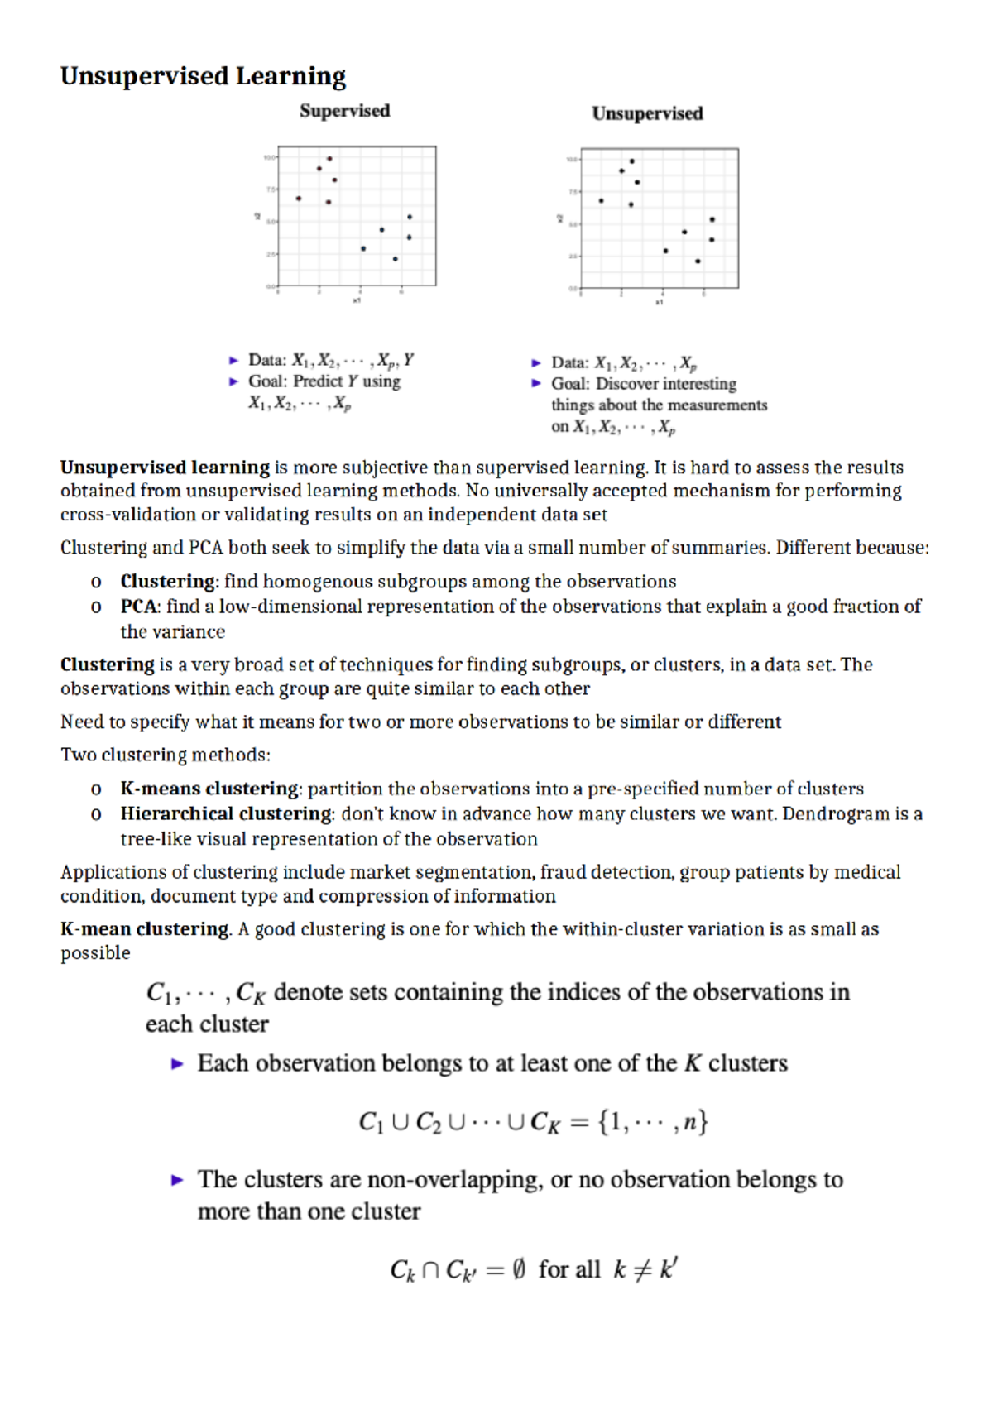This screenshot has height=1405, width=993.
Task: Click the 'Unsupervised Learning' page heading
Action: click(203, 76)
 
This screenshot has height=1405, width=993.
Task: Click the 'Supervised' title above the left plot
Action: click(344, 111)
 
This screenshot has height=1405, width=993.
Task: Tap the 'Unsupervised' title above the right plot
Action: click(647, 113)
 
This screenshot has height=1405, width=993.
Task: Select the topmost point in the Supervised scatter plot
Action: click(329, 158)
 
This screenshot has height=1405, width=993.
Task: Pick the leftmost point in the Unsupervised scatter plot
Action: click(602, 200)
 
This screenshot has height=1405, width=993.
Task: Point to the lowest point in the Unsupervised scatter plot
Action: click(698, 261)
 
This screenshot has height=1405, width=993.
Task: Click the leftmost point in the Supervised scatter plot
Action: click(299, 199)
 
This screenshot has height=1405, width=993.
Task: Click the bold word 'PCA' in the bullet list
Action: click(139, 607)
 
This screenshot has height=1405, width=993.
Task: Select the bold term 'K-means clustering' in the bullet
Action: click(209, 789)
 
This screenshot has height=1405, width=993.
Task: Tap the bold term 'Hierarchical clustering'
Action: click(226, 813)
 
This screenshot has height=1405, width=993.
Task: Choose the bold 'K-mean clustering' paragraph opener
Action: click(145, 929)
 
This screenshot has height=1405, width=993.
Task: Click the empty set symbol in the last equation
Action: click(518, 1269)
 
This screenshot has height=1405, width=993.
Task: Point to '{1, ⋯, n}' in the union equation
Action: click(653, 1122)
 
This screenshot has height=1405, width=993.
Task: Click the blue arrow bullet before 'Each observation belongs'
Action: click(177, 1064)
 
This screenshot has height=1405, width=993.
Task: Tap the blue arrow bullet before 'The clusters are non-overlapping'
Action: click(177, 1181)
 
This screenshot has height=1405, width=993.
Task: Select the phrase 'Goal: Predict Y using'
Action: click(324, 381)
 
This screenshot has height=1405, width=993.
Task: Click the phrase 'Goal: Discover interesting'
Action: click(644, 384)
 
